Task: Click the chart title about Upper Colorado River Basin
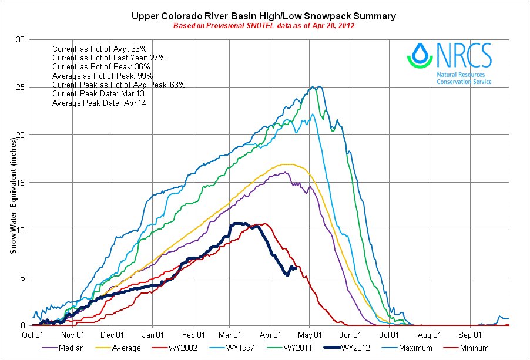pos(264,15)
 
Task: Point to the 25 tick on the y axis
pos(22,87)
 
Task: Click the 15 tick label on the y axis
pos(22,182)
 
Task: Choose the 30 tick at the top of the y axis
pos(22,39)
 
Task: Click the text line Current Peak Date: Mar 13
pos(96,94)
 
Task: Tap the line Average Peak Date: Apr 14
pos(99,103)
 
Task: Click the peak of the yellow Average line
pos(287,164)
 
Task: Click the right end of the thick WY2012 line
pos(296,268)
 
